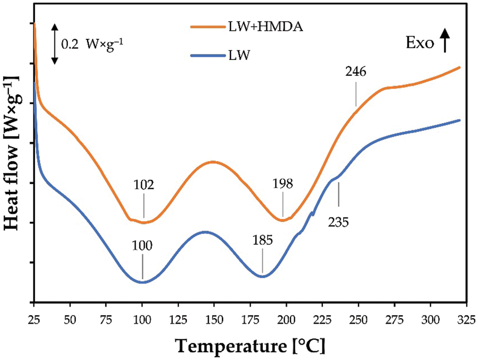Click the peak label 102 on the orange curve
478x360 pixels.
click(144, 185)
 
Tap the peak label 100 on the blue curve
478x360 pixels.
click(142, 245)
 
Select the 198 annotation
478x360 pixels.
click(283, 184)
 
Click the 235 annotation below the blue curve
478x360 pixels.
click(338, 222)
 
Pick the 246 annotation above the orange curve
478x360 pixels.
click(356, 72)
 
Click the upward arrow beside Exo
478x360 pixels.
click(445, 40)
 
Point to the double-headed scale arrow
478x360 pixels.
click(54, 44)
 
